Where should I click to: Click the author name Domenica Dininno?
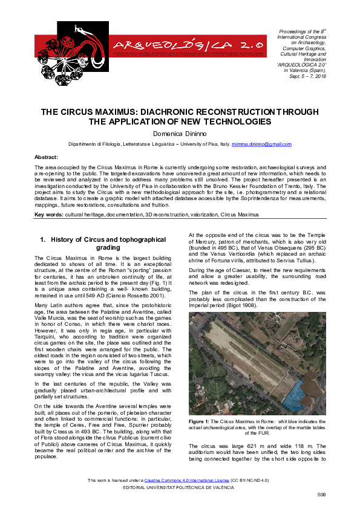point(180,134)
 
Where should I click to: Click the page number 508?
point(321,494)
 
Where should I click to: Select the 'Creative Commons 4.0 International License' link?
point(184,480)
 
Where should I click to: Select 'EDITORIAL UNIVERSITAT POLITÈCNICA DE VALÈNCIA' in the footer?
point(180,487)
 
